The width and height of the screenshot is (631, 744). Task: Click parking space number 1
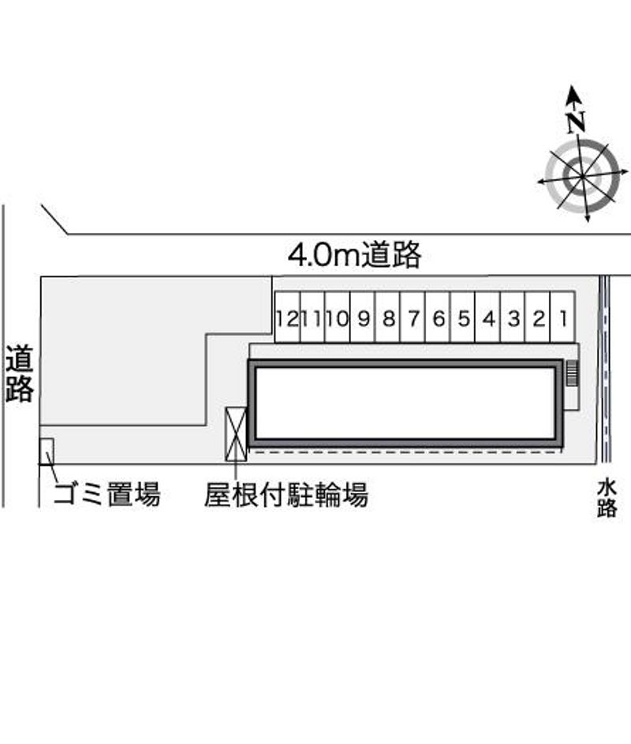[563, 317]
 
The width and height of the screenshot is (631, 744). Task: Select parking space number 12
[288, 317]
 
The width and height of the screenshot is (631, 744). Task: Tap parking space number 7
[413, 317]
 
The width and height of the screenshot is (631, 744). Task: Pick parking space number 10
[338, 317]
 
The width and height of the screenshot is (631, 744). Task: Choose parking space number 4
[488, 317]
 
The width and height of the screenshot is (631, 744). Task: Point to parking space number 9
[363, 317]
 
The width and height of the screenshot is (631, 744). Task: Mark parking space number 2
[538, 317]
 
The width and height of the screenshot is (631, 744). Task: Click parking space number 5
[463, 317]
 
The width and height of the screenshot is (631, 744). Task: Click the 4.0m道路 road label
[354, 255]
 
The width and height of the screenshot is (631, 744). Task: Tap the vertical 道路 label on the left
[20, 374]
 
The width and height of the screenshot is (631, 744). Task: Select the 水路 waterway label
[607, 498]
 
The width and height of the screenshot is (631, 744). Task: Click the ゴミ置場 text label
[106, 494]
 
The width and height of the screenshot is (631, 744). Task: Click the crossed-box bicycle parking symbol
[237, 434]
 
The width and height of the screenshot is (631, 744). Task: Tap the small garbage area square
[47, 451]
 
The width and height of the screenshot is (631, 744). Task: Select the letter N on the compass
[577, 122]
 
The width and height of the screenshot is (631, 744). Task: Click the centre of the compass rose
[582, 178]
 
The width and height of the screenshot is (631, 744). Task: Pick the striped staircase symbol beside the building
[572, 373]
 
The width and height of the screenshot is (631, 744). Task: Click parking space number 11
[312, 317]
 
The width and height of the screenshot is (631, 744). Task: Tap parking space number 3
[513, 317]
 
